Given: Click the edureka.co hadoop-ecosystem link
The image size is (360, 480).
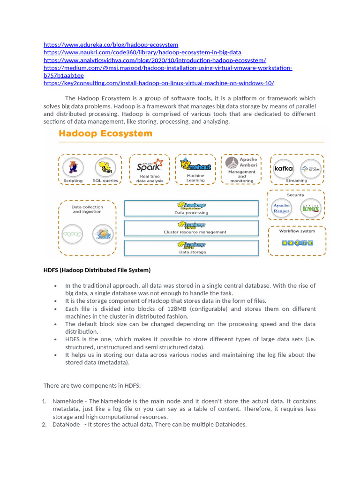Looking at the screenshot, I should pyautogui.click(x=111, y=45).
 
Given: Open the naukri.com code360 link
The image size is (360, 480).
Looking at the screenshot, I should pyautogui.click(x=142, y=52).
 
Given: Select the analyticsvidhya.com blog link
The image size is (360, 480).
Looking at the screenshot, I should pyautogui.click(x=155, y=60).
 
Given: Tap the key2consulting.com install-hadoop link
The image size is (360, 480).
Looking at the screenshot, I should pyautogui.click(x=158, y=83).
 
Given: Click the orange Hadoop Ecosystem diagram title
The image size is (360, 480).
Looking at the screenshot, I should pyautogui.click(x=105, y=134).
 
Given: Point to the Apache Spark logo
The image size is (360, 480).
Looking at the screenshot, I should pyautogui.click(x=150, y=165).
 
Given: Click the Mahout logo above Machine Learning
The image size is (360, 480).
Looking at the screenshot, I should pyautogui.click(x=195, y=165).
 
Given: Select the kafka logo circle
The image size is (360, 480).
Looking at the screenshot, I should pyautogui.click(x=284, y=168).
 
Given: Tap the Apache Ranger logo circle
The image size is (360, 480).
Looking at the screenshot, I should pyautogui.click(x=282, y=208).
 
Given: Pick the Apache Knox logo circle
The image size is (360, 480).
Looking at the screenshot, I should pyautogui.click(x=310, y=208).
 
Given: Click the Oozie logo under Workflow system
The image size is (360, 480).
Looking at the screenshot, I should pyautogui.click(x=297, y=242).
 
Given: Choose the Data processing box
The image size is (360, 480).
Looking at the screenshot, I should pyautogui.click(x=191, y=208).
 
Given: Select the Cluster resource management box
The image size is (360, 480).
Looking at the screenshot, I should pyautogui.click(x=191, y=228).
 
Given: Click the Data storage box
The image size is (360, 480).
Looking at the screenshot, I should pyautogui.click(x=191, y=247).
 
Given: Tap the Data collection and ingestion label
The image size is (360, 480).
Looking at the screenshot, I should pyautogui.click(x=87, y=209).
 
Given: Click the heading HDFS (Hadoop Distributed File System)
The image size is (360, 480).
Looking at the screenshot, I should pyautogui.click(x=97, y=270).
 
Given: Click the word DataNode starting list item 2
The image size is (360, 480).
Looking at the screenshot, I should pyautogui.click(x=66, y=424).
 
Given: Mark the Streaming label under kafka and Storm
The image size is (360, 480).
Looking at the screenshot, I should pyautogui.click(x=296, y=180).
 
